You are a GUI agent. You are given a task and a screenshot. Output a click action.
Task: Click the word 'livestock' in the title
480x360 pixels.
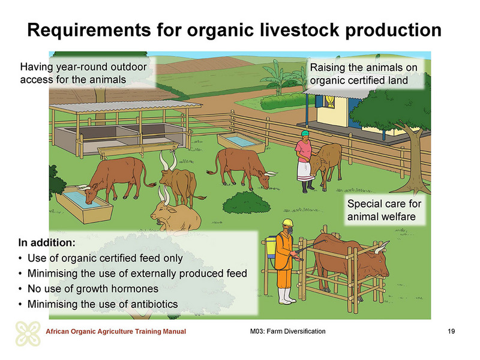(x=297, y=30)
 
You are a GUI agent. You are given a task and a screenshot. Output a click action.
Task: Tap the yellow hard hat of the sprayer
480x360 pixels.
(x=287, y=222)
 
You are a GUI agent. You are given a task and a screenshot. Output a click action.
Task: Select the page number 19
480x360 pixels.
(x=451, y=331)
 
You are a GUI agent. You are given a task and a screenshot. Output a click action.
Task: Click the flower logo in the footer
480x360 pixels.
(x=28, y=334)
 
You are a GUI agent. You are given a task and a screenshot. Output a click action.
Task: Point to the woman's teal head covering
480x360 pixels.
(x=305, y=133)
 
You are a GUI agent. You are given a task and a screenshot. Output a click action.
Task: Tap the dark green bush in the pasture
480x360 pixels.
(x=247, y=203)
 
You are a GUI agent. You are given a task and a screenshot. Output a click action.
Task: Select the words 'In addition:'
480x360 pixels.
(x=47, y=242)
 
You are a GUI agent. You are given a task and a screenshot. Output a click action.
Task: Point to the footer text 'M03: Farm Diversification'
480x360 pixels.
(x=288, y=331)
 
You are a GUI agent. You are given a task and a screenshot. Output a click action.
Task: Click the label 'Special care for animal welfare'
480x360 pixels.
(x=384, y=210)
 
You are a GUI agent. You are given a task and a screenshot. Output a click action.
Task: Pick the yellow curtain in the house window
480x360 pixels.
(x=329, y=101)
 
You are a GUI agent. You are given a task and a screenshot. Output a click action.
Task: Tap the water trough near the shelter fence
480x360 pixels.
(x=241, y=142)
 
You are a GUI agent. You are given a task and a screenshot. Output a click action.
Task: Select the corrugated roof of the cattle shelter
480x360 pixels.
(x=125, y=106)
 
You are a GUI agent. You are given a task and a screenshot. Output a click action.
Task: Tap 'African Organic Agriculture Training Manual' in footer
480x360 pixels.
(x=116, y=331)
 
